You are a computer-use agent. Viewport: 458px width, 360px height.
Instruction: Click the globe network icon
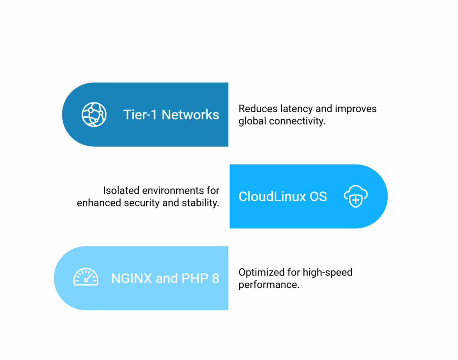[x=94, y=114]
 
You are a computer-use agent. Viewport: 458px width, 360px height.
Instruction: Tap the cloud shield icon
[x=356, y=196]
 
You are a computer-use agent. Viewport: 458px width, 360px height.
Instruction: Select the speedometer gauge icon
[x=86, y=276]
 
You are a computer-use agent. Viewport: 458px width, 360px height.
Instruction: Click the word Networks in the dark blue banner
[x=190, y=115]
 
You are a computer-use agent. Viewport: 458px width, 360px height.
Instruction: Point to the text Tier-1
[x=140, y=115]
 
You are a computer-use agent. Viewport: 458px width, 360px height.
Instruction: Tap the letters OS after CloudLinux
[x=318, y=196]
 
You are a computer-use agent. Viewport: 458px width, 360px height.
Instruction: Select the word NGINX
[x=131, y=278]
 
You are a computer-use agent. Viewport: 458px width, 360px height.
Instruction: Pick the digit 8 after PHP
[x=216, y=278]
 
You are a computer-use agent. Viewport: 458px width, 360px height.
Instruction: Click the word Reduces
[x=258, y=109]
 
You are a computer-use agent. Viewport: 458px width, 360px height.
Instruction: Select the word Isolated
[x=121, y=191]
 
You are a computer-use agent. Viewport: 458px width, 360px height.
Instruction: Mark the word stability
[x=200, y=203]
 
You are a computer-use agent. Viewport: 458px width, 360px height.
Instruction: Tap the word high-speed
[x=327, y=273]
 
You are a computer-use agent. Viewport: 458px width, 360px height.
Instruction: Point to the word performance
[x=269, y=285]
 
